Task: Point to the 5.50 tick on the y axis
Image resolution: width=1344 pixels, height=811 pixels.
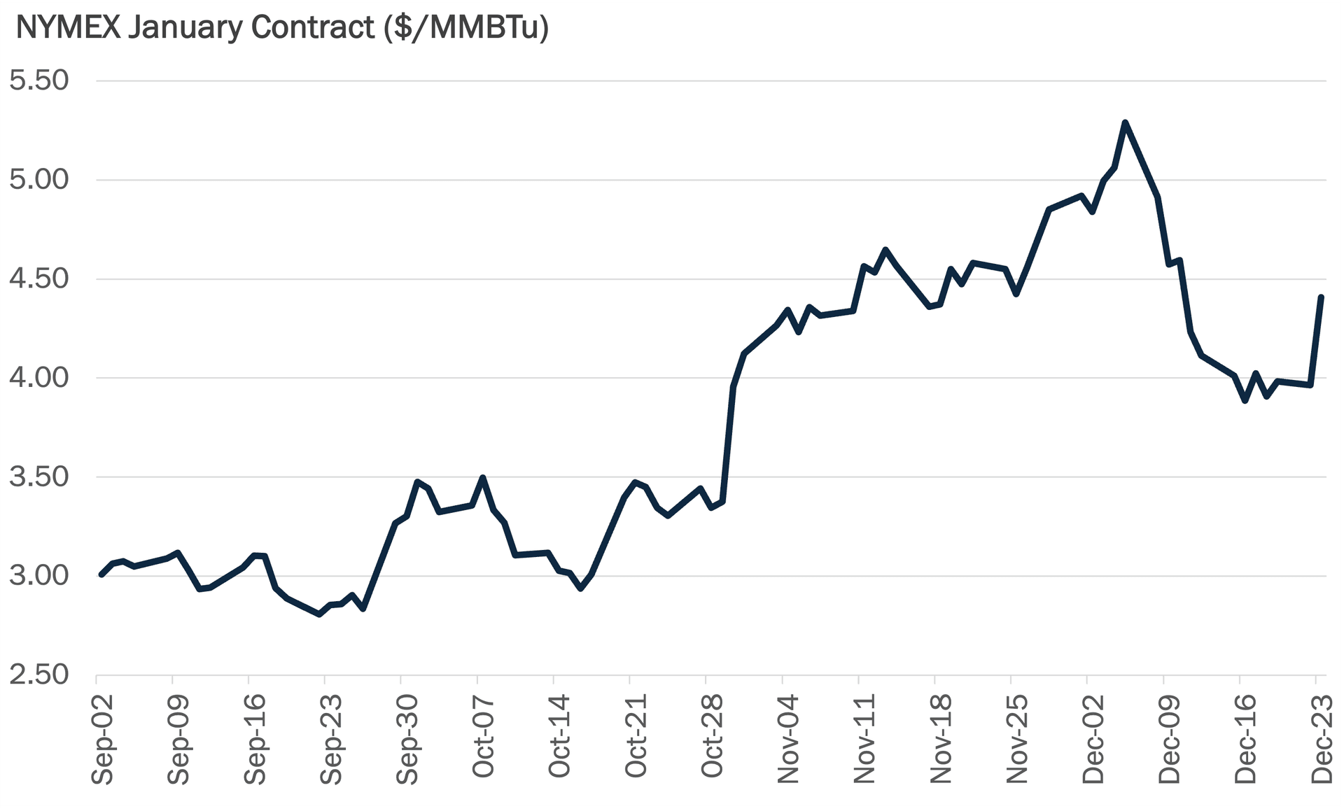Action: coord(39,80)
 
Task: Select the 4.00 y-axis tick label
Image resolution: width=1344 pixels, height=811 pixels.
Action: coord(39,378)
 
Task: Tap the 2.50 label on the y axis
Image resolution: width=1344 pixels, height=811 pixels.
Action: coord(39,675)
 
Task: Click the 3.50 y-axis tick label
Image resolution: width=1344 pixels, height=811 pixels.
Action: coord(39,477)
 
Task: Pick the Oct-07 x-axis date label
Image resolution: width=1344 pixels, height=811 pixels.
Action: coord(483,736)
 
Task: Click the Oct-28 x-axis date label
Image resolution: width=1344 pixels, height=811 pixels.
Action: coord(712,736)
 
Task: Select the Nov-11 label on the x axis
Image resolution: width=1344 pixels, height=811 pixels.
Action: coord(864,738)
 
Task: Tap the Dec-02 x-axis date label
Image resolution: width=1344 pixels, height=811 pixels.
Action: coord(1093,738)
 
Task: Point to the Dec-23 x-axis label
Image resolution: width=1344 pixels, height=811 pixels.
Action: coord(1322,738)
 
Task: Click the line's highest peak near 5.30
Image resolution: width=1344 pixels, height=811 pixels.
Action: coord(1125,122)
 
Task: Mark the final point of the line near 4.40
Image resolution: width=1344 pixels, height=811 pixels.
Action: coord(1321,297)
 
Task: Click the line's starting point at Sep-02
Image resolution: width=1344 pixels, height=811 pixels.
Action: coord(101,574)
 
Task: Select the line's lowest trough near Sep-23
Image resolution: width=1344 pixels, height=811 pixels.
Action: coord(319,614)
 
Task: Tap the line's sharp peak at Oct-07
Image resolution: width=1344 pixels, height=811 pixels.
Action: coord(482,477)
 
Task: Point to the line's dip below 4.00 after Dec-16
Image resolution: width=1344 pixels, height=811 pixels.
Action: coord(1245,401)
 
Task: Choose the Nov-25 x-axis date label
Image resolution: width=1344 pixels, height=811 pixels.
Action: coord(1016,738)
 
